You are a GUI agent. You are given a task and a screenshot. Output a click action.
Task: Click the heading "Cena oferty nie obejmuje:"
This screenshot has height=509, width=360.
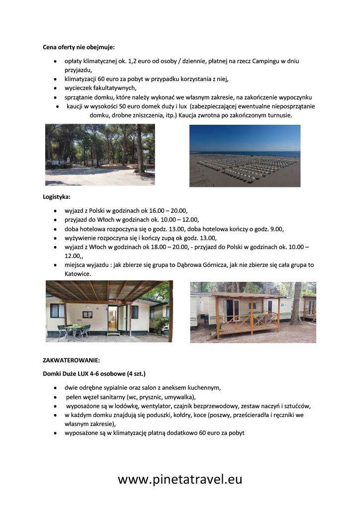[79, 47]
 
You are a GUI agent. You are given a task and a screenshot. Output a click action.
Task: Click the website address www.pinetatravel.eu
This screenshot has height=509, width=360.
[180, 479]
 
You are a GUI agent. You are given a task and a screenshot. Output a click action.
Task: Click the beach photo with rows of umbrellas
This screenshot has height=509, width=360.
[245, 156]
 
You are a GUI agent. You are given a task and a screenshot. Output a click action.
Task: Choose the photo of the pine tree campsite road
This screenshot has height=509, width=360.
[100, 154]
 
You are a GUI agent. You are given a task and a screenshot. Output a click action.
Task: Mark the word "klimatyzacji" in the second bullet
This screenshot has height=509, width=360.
[82, 79]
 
